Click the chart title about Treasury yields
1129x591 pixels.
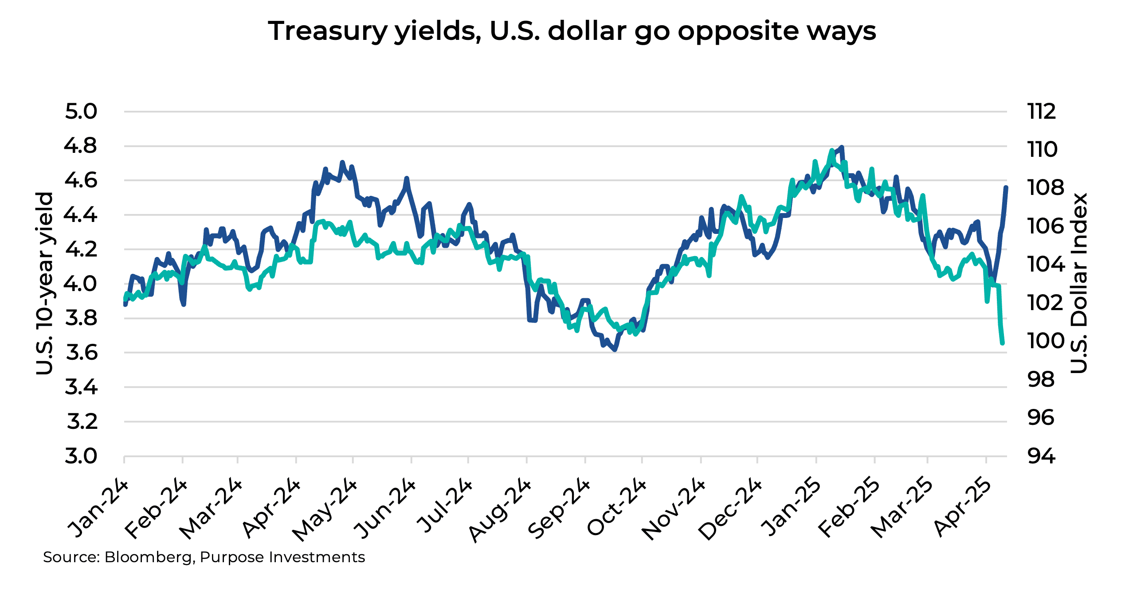(572, 31)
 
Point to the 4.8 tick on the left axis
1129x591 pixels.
(80, 146)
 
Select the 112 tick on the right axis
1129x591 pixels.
(1041, 112)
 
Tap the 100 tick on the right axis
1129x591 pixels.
(1046, 341)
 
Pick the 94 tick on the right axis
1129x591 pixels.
(1041, 456)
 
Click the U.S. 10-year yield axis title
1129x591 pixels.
(45, 284)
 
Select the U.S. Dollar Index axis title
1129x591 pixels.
(1078, 284)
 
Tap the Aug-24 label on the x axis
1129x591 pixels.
(500, 510)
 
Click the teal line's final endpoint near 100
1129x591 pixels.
(1002, 342)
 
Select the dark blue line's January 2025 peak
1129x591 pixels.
(842, 147)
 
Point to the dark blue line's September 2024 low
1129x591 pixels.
(615, 350)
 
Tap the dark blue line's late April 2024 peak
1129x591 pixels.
(342, 163)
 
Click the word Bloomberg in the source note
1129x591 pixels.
(149, 557)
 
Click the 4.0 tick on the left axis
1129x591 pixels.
(80, 284)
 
